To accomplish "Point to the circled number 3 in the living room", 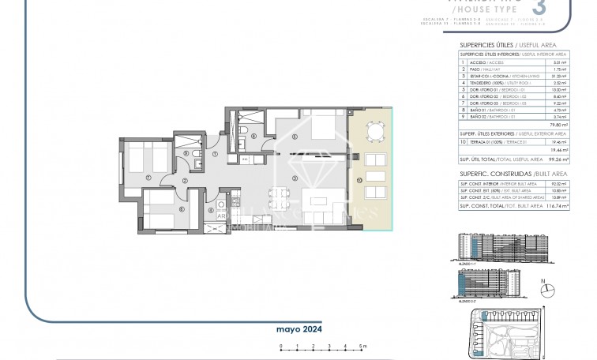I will [294, 178].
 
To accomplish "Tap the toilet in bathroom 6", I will [242, 131].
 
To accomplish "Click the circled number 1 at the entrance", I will [216, 154].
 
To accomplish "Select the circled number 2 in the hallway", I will [184, 181].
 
